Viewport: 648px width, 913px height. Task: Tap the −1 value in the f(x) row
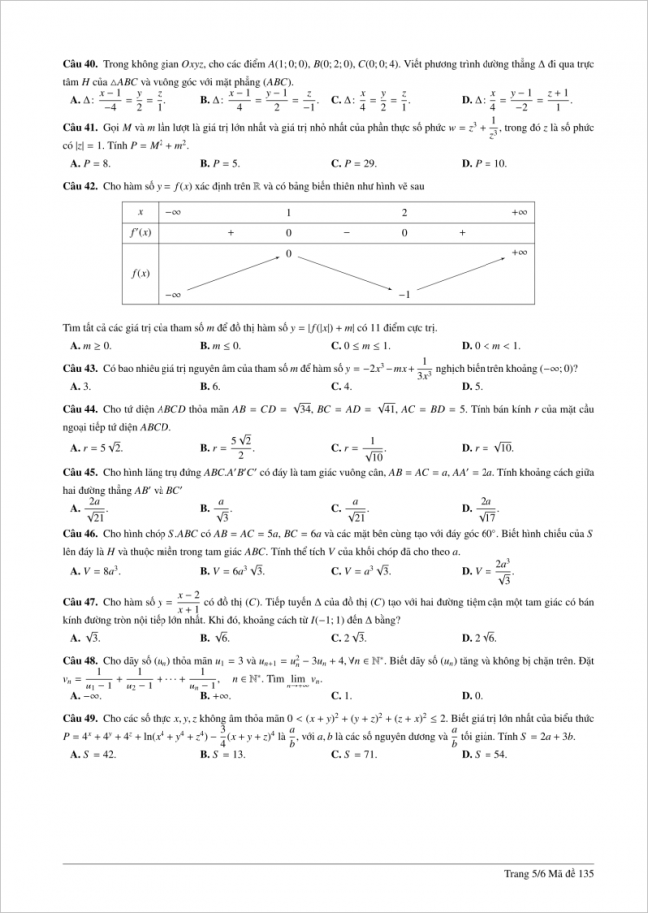405,295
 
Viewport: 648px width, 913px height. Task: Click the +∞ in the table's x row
519,212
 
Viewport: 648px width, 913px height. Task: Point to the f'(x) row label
141,232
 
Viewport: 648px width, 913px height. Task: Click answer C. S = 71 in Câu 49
354,754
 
